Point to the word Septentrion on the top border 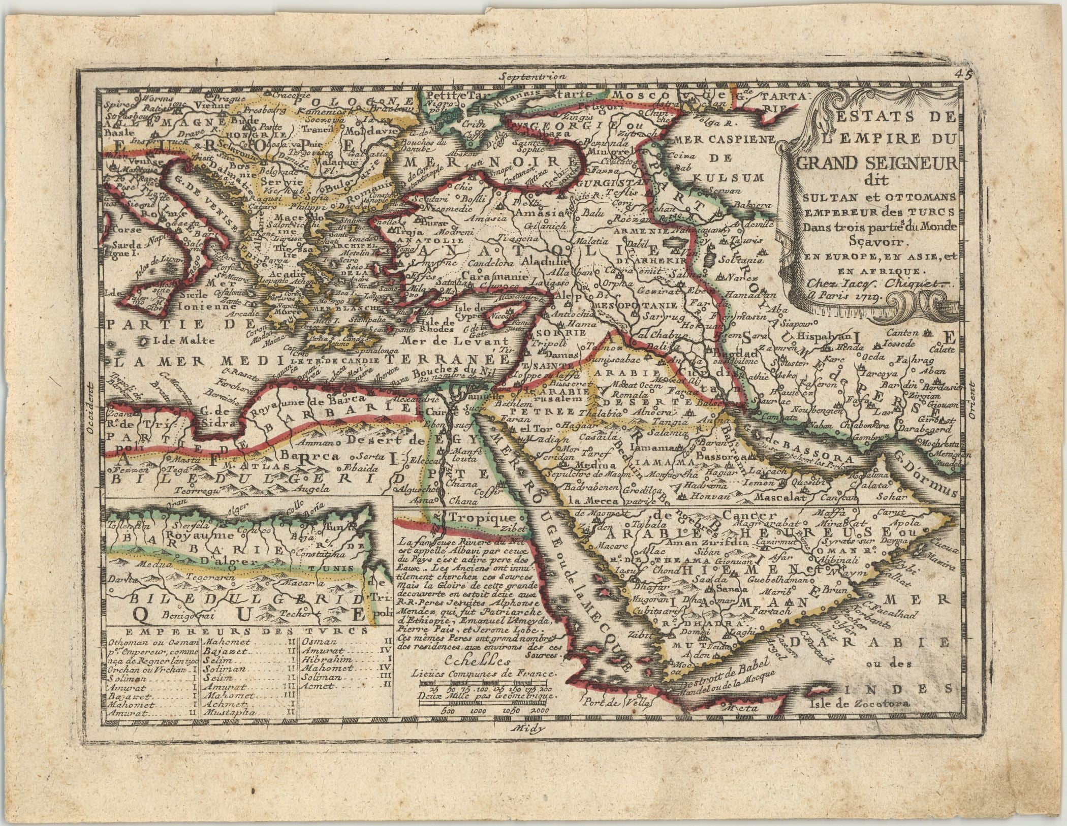tap(531, 77)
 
